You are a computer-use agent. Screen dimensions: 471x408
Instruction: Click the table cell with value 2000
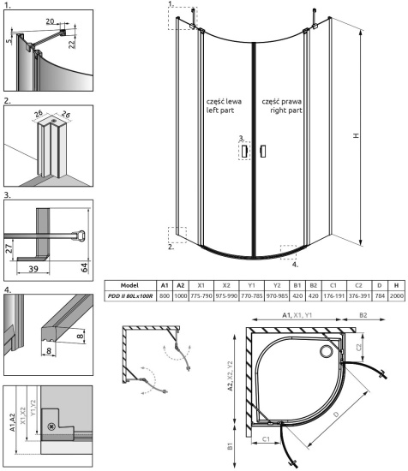click(396, 295)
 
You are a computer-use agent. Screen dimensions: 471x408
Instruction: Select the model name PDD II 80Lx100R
click(130, 295)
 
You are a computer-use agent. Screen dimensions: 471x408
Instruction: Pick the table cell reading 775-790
click(201, 295)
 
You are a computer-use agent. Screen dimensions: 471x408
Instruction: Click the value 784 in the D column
click(381, 295)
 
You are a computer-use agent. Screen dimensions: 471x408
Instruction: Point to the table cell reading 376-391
click(359, 295)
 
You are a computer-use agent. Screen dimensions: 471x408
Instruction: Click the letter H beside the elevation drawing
click(378, 134)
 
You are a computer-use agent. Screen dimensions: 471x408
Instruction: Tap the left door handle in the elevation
click(244, 152)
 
